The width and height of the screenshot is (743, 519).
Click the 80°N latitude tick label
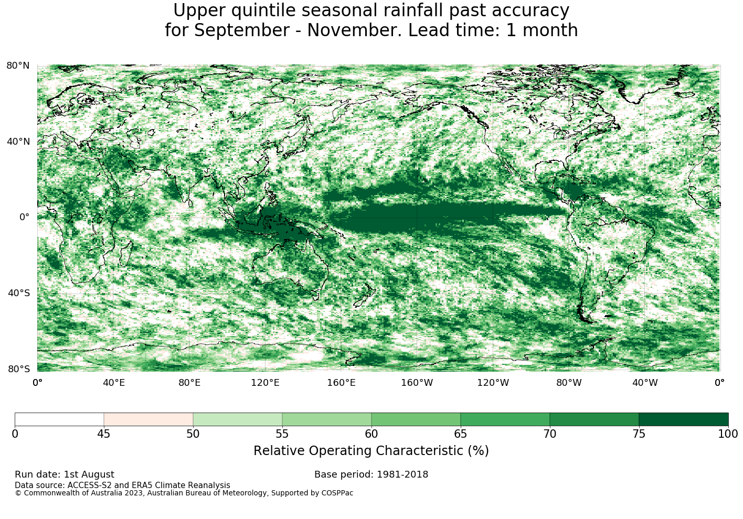pyautogui.click(x=18, y=66)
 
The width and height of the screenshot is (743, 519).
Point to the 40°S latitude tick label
pyautogui.click(x=18, y=293)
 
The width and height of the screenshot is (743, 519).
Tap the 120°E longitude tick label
pyautogui.click(x=265, y=383)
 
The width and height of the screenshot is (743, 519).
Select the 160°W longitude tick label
pyautogui.click(x=417, y=383)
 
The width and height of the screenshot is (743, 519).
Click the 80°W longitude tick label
pyautogui.click(x=569, y=383)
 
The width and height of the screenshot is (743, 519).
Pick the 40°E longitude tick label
pyautogui.click(x=114, y=383)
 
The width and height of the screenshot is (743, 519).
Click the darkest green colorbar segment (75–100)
pyautogui.click(x=683, y=419)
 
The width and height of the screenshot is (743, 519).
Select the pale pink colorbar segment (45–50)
pyautogui.click(x=148, y=419)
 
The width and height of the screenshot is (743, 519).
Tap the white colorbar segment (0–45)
pyautogui.click(x=59, y=419)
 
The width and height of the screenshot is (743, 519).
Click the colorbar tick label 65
pyautogui.click(x=460, y=434)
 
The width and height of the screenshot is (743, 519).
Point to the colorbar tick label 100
pyautogui.click(x=728, y=434)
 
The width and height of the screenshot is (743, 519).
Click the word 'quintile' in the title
pyautogui.click(x=263, y=10)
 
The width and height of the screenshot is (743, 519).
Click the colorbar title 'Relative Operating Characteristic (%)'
pyautogui.click(x=371, y=451)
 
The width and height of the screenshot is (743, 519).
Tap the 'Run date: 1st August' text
pyautogui.click(x=65, y=474)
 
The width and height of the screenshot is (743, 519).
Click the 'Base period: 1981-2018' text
pyautogui.click(x=371, y=474)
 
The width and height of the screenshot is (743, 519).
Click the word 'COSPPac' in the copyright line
pyautogui.click(x=337, y=493)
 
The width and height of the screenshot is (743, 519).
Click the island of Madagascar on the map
pyautogui.click(x=126, y=253)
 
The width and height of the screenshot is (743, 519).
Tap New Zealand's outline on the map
pyautogui.click(x=365, y=295)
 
